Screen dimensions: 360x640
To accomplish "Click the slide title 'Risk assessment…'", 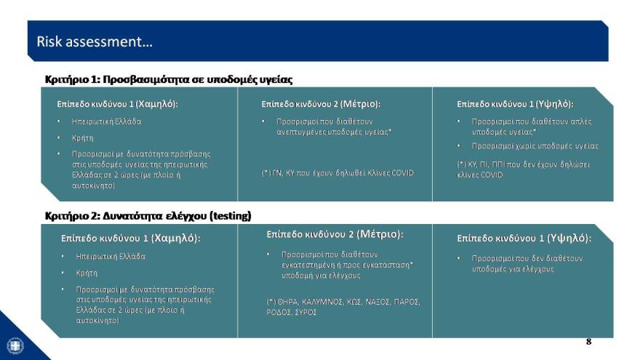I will point(95,41).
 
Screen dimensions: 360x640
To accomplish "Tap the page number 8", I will point(588,341).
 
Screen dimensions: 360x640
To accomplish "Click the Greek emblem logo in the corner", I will point(15,345).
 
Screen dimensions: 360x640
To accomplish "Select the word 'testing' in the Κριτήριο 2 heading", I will point(229,215).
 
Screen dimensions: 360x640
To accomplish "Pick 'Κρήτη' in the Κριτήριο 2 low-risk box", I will point(87,273).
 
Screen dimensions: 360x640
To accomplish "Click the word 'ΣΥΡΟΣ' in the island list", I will point(305,311).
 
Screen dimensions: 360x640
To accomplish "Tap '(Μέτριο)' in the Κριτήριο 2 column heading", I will point(377,234).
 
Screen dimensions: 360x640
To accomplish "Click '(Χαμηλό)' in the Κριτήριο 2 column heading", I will point(177,238).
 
